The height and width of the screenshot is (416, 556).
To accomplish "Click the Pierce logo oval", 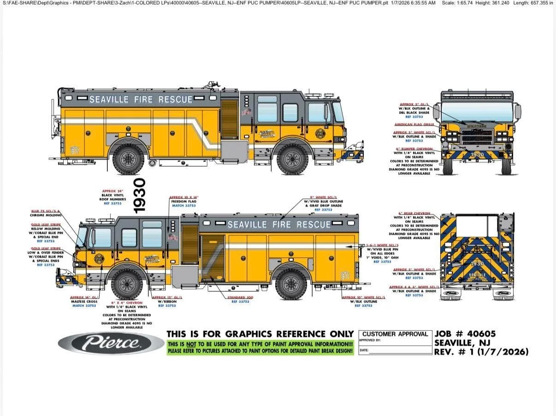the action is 111,343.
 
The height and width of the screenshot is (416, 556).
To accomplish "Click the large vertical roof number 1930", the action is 139,196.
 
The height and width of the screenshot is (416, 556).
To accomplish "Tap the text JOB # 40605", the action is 465,334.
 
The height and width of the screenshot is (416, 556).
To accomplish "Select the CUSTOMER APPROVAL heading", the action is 395,334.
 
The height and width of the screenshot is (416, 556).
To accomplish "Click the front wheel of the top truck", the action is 292,159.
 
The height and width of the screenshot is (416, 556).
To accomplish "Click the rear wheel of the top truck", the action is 129,159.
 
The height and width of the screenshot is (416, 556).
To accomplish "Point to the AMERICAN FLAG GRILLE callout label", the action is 414,124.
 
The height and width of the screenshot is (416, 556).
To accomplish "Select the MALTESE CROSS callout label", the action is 84,301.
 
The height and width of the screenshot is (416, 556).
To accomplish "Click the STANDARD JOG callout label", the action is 240,297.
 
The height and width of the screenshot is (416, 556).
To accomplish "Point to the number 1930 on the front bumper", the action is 477,155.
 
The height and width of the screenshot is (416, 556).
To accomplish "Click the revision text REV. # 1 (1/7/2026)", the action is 481,352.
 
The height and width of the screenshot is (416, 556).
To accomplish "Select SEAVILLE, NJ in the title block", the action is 462,343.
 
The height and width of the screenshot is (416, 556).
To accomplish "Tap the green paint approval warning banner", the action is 260,347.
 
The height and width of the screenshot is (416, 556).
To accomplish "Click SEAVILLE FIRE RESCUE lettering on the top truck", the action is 141,99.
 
